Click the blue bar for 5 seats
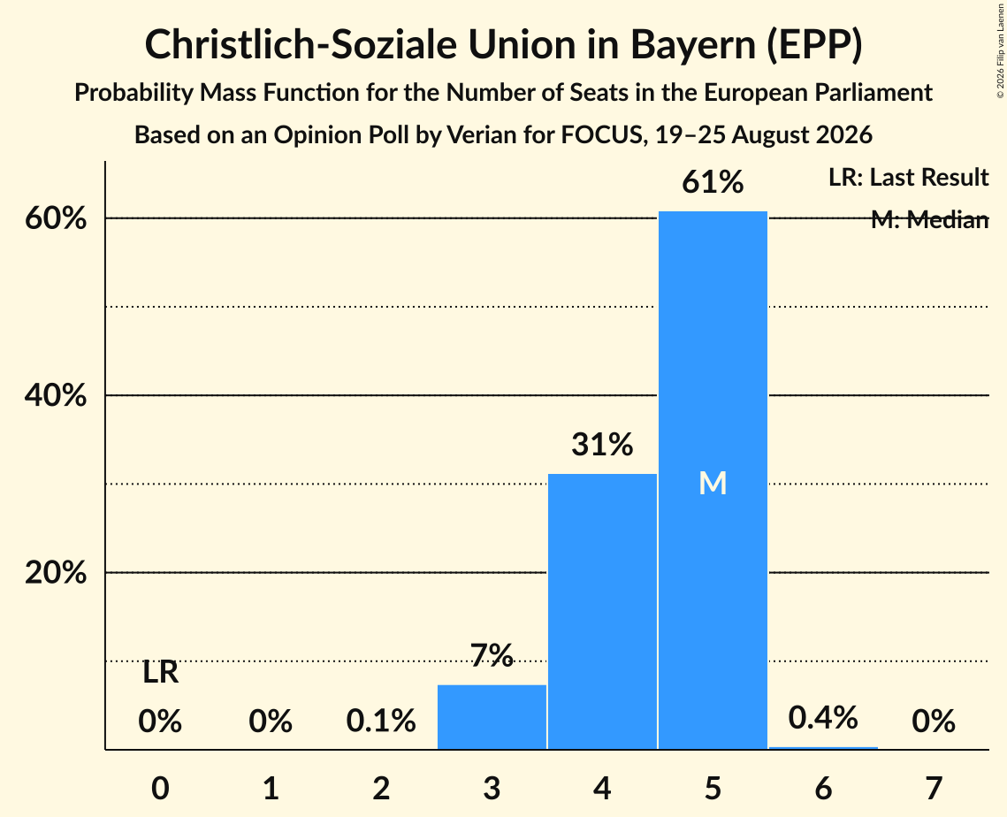point(713,480)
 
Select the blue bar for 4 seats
point(602,612)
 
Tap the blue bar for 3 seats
point(492,717)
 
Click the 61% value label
point(713,182)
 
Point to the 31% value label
point(602,445)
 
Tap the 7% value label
point(492,656)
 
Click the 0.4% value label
point(823,717)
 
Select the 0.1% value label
point(381,721)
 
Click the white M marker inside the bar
point(713,483)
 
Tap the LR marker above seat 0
point(161,673)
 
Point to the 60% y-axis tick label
point(56,218)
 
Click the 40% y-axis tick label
point(56,395)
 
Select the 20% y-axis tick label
point(56,572)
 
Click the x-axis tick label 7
point(934,788)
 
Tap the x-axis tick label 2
point(381,788)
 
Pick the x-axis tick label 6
point(823,788)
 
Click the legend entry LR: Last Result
point(909,177)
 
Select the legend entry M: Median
point(930,220)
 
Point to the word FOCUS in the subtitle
point(602,135)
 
